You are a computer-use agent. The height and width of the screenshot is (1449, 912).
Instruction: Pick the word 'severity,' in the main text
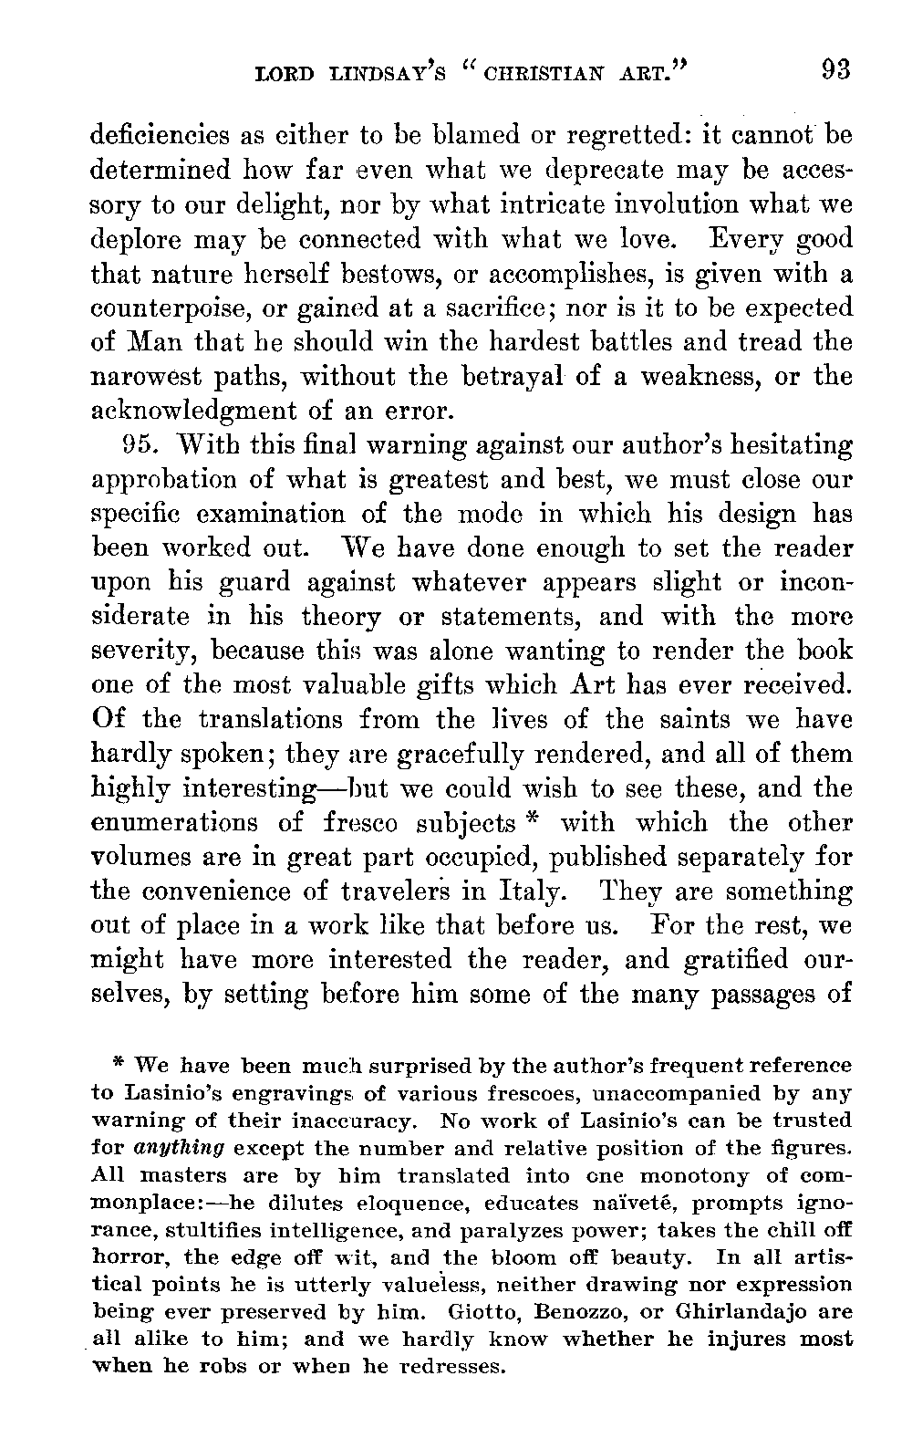pos(147,652)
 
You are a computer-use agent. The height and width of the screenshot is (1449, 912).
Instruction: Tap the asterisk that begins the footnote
pos(118,1063)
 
